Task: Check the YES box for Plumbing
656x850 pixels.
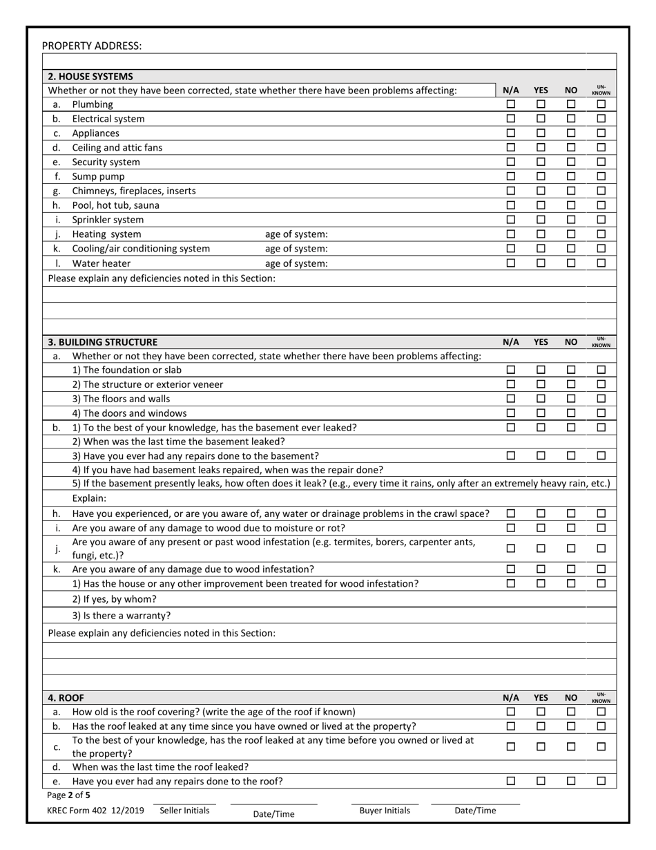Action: point(541,104)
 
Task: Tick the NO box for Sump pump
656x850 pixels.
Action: point(571,176)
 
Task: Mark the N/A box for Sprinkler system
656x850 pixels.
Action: point(511,220)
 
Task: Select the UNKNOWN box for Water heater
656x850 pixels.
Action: point(601,263)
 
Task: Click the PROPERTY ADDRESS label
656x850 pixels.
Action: point(92,46)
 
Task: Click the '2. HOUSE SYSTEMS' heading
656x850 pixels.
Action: point(90,77)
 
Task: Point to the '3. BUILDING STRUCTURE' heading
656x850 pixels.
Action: point(102,342)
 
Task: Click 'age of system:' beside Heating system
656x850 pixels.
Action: point(297,234)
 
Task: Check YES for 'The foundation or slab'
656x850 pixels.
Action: point(541,370)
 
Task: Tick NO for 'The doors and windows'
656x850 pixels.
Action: point(571,413)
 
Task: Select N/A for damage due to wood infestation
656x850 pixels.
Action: point(511,569)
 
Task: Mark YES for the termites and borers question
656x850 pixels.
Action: point(541,549)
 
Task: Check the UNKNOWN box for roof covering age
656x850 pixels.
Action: point(601,712)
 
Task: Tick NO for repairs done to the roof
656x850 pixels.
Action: point(571,781)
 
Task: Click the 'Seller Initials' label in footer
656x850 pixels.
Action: point(184,811)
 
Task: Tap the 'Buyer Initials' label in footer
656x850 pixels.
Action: point(385,811)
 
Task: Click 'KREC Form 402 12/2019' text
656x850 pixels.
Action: point(96,811)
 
